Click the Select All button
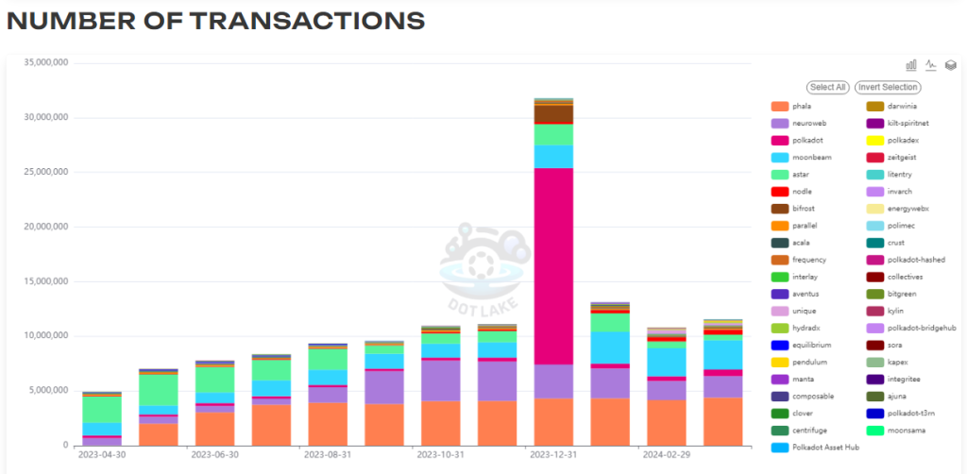click(x=827, y=87)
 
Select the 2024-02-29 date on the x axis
click(x=665, y=454)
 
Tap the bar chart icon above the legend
click(x=911, y=65)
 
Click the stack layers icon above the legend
click(x=951, y=65)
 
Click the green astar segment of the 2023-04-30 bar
click(x=101, y=409)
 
